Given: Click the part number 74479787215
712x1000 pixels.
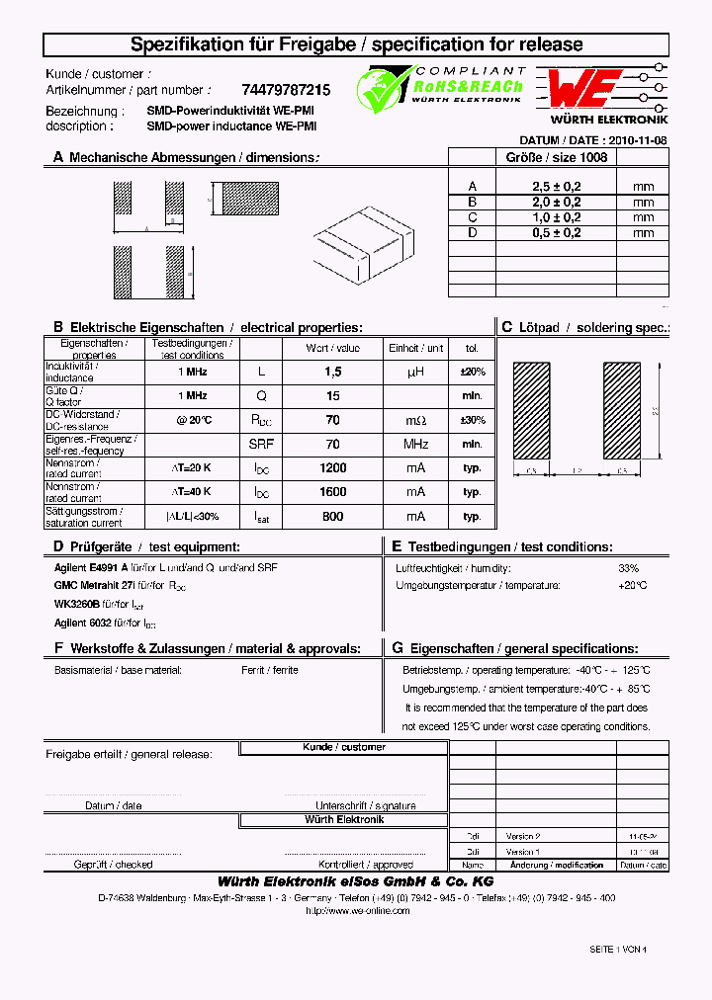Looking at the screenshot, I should pyautogui.click(x=286, y=90).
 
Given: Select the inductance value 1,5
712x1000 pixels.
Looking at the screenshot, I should pyautogui.click(x=332, y=372).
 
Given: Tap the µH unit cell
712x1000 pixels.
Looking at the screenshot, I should pyautogui.click(x=416, y=372).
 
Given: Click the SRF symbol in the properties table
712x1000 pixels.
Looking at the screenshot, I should pyautogui.click(x=261, y=444).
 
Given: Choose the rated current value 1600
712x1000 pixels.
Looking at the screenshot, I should pyautogui.click(x=332, y=492).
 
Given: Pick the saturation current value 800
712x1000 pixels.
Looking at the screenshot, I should pyautogui.click(x=332, y=516).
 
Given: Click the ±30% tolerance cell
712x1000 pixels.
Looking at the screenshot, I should pyautogui.click(x=473, y=420).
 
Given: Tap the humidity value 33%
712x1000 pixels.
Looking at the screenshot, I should pyautogui.click(x=628, y=568).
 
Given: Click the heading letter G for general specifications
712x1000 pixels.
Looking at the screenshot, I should pyautogui.click(x=397, y=648).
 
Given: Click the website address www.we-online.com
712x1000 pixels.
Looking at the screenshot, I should pyautogui.click(x=357, y=911).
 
